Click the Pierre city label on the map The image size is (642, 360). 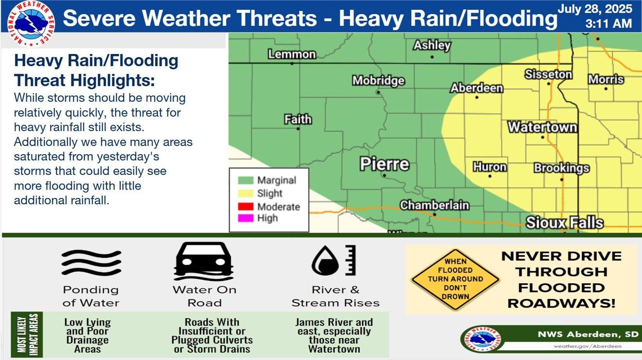tap(384, 164)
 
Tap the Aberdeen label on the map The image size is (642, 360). tap(476, 88)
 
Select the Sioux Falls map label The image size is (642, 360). tap(564, 223)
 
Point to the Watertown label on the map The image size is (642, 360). tap(542, 127)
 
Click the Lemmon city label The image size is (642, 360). tap(292, 54)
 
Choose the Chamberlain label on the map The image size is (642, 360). tap(434, 205)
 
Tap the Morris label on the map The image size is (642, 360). tap(606, 80)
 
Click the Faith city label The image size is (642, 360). tap(298, 119)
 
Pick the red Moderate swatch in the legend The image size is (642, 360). tap(246, 207)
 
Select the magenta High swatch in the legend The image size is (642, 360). tap(246, 218)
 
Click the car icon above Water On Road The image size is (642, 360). tap(204, 261)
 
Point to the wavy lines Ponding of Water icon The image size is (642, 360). tap(91, 262)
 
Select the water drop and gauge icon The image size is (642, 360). tap(334, 261)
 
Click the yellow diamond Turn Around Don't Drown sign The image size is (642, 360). tap(455, 280)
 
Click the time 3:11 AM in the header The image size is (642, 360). tap(608, 24)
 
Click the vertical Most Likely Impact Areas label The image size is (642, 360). tap(27, 334)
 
